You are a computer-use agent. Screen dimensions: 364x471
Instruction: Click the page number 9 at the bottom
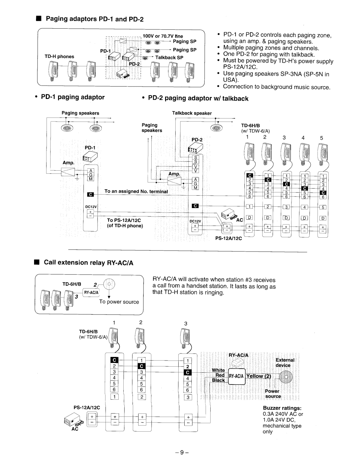tap(182, 452)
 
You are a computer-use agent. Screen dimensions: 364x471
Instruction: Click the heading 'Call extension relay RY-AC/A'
tap(89, 263)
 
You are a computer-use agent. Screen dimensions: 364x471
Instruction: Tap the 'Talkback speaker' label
tap(192, 113)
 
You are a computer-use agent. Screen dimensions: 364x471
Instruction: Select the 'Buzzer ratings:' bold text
tap(282, 408)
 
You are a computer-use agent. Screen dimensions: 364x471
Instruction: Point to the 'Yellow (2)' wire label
tap(259, 376)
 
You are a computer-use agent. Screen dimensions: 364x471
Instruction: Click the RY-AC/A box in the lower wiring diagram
tap(237, 376)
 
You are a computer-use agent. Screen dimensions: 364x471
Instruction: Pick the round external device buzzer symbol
tap(286, 377)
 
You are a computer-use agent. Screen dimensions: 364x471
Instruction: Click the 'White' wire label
tap(218, 370)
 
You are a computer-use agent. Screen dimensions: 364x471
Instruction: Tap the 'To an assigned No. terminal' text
tap(136, 191)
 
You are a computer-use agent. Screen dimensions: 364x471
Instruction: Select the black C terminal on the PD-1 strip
tap(90, 194)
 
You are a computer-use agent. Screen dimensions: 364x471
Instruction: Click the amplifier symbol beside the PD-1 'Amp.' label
tap(68, 172)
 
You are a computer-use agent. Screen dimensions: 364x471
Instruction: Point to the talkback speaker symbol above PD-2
tap(216, 128)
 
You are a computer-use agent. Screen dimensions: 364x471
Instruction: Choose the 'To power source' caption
tap(119, 302)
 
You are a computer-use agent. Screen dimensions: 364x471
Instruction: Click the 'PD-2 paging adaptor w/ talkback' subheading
tap(198, 98)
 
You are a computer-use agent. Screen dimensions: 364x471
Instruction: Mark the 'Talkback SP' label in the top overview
tap(169, 58)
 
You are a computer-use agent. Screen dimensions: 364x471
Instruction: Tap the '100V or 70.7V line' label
tap(163, 36)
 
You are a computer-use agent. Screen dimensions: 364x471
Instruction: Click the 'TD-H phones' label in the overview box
tap(59, 57)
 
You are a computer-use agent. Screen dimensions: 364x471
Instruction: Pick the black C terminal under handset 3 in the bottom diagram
tap(188, 372)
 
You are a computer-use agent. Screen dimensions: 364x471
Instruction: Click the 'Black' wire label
tap(218, 380)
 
